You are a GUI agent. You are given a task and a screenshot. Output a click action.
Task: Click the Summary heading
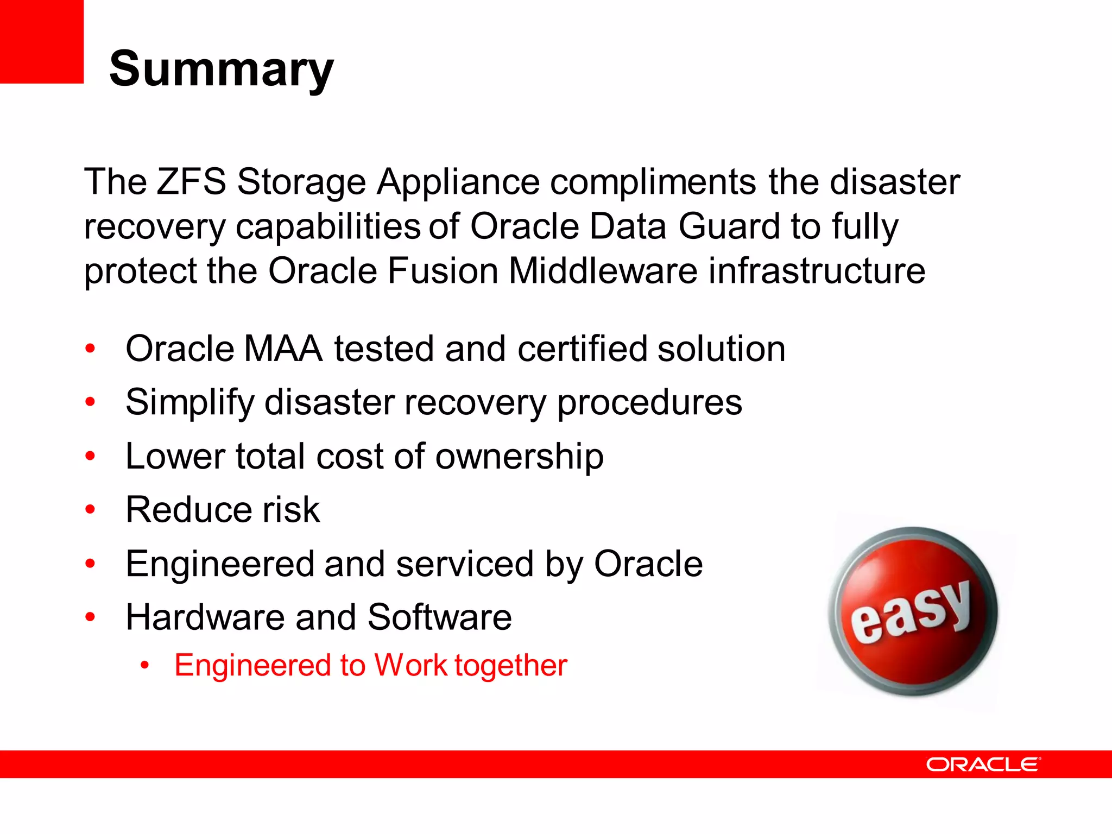tap(221, 69)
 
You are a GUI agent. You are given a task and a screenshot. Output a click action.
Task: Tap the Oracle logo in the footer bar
tap(983, 764)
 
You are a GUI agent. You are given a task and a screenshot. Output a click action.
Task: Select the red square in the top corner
tap(41, 41)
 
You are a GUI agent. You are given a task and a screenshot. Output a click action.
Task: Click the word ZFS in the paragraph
tap(191, 182)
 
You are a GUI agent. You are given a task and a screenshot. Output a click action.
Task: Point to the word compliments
tap(653, 182)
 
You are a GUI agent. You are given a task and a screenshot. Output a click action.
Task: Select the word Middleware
tap(603, 271)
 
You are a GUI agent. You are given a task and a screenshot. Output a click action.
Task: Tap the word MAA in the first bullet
tap(283, 349)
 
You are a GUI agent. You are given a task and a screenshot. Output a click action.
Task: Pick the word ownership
tap(519, 456)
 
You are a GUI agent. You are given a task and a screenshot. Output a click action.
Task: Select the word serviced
tap(465, 564)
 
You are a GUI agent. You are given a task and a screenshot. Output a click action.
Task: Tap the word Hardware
tap(205, 618)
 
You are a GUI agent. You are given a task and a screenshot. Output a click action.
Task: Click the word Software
tap(439, 618)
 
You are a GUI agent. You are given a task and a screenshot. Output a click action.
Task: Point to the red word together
tap(510, 666)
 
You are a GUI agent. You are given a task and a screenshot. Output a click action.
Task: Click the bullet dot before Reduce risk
tap(90, 510)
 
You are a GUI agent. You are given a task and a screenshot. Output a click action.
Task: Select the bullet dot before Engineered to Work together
tap(144, 666)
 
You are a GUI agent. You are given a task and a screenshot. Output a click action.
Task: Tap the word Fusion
tap(443, 271)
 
